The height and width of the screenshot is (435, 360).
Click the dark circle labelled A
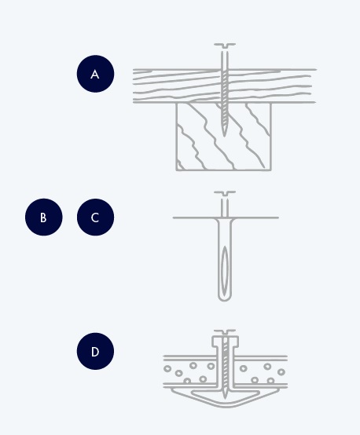click(x=95, y=74)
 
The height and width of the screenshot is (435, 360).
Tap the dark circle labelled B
click(x=43, y=217)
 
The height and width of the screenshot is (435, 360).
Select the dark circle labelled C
click(x=95, y=217)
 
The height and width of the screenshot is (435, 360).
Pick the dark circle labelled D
click(x=95, y=351)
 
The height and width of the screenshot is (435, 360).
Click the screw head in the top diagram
click(x=225, y=46)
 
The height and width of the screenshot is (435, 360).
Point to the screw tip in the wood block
click(x=224, y=133)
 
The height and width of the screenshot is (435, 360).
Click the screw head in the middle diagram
click(x=225, y=193)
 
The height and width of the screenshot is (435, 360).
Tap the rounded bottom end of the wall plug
click(x=225, y=299)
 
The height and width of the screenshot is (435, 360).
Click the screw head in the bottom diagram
click(x=225, y=332)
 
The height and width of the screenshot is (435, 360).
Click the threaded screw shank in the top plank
click(x=225, y=86)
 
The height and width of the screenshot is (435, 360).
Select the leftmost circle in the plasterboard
click(x=167, y=369)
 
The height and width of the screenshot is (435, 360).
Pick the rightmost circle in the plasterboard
click(x=281, y=371)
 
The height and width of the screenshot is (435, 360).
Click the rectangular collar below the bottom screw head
click(x=226, y=342)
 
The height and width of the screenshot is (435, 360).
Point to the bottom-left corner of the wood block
click(x=176, y=170)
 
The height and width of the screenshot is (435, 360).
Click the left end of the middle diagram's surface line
click(x=174, y=217)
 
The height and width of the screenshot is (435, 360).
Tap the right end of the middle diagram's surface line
click(x=278, y=217)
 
